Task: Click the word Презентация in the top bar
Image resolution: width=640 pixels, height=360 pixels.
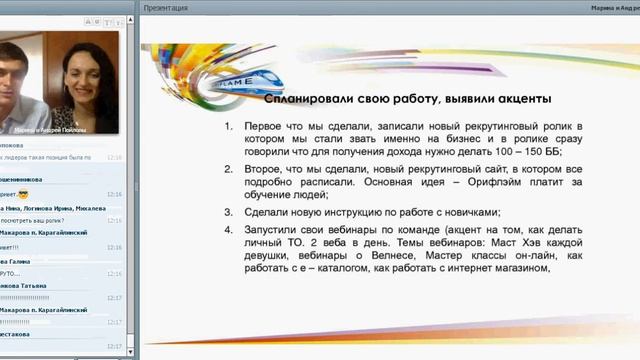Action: (x=165, y=7)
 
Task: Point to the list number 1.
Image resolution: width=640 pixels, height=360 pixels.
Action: (x=228, y=127)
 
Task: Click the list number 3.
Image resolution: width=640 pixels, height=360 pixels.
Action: (x=228, y=212)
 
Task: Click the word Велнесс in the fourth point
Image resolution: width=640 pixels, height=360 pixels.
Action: (x=386, y=256)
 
